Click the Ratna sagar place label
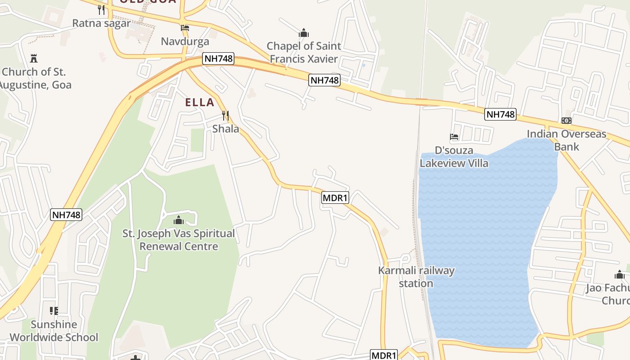pyautogui.click(x=101, y=23)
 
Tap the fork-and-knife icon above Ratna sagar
pyautogui.click(x=101, y=9)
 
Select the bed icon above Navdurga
pyautogui.click(x=184, y=28)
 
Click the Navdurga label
pyautogui.click(x=185, y=41)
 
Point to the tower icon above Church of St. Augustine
pyautogui.click(x=34, y=58)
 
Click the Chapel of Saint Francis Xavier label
pyautogui.click(x=304, y=52)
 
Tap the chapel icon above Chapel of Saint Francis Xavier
pyautogui.click(x=304, y=33)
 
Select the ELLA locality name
pyautogui.click(x=200, y=102)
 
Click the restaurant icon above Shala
pyautogui.click(x=225, y=116)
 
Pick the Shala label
pyautogui.click(x=225, y=129)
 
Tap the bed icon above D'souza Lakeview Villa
pyautogui.click(x=454, y=137)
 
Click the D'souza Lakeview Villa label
pyautogui.click(x=454, y=157)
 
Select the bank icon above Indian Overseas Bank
pyautogui.click(x=567, y=121)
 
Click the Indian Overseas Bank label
pyautogui.click(x=567, y=140)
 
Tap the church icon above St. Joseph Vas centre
pyautogui.click(x=179, y=220)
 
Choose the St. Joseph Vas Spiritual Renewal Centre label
pyautogui.click(x=179, y=240)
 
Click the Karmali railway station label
pyautogui.click(x=416, y=277)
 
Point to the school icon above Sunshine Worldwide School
pyautogui.click(x=54, y=311)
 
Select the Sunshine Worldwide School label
pyautogui.click(x=54, y=331)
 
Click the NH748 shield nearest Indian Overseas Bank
pyautogui.click(x=500, y=114)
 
